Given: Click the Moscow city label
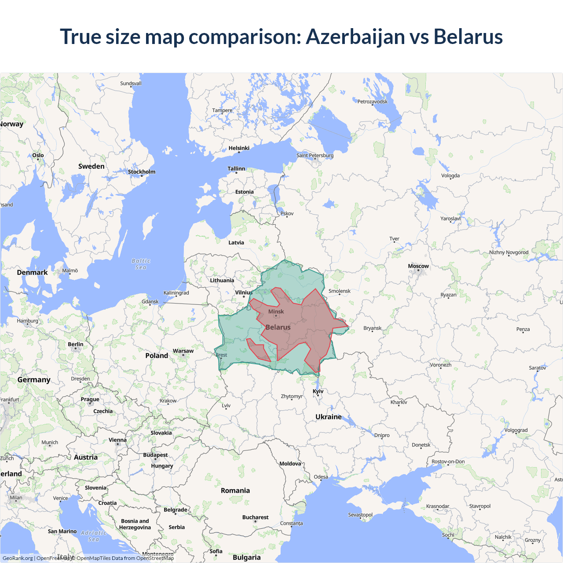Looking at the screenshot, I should point(418,266).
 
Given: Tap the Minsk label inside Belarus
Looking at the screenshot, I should point(276,311).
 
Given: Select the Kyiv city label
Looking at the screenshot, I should point(318,391).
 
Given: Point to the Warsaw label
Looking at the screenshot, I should point(183,351).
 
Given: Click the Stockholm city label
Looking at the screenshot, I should point(142,172).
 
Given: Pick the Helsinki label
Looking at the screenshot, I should point(239,148).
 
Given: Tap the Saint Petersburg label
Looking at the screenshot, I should point(315,155).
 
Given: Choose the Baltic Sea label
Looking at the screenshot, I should point(141,264).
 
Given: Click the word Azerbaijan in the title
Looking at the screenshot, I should point(355,37).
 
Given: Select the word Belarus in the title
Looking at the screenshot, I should point(468,37).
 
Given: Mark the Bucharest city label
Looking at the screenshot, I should point(255,517).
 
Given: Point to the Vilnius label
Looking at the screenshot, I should point(244,292).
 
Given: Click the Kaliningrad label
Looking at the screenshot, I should point(176,293).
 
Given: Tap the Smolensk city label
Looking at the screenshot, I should point(340,291).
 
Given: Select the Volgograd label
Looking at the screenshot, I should point(516,430).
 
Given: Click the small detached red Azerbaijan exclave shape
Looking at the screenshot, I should point(258,350).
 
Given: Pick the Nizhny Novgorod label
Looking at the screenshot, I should point(509,252).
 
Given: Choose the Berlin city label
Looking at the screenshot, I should point(76,344).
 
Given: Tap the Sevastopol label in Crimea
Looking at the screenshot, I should point(360,515).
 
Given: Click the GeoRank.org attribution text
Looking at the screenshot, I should point(18,558).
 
